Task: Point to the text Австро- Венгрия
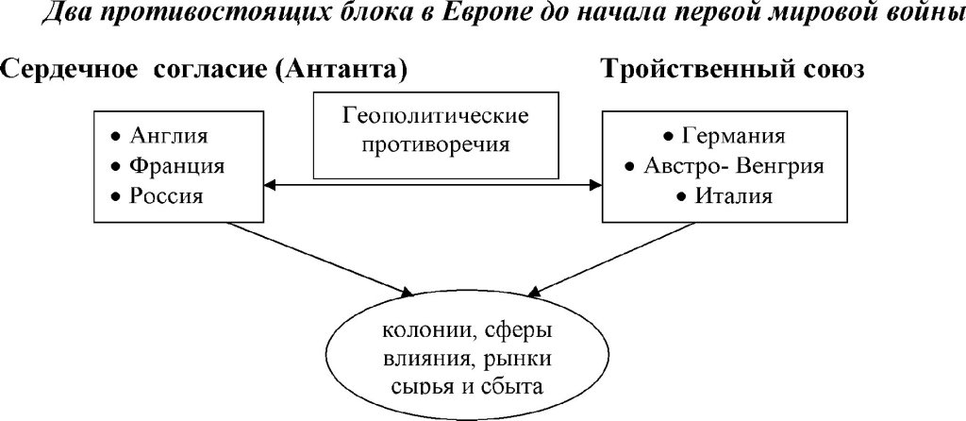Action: click(734, 166)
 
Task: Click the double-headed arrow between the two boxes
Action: click(435, 182)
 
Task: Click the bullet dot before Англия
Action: click(116, 133)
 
